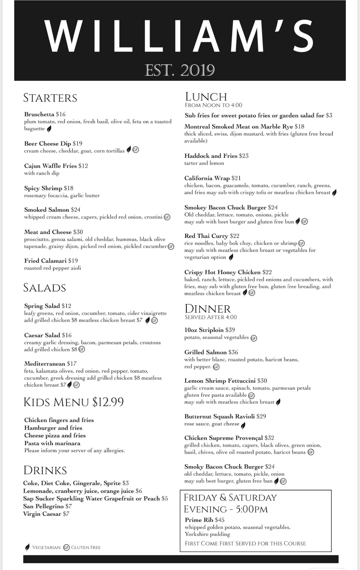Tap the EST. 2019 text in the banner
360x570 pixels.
180,70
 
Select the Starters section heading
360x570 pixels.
50,98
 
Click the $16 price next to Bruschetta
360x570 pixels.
61,114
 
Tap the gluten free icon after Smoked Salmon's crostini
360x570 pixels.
167,217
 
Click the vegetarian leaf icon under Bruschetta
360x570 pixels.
49,129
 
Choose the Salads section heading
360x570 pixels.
44,288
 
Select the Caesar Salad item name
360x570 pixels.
42,335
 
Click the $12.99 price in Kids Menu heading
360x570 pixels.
108,402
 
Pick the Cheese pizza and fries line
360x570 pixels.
55,435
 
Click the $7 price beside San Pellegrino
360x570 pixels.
69,506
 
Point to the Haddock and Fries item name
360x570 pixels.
211,156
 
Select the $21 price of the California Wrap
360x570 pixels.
236,178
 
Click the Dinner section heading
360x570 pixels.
208,309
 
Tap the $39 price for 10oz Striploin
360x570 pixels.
230,330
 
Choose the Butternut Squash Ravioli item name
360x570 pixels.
219,416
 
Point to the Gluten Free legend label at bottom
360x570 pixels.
86,547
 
